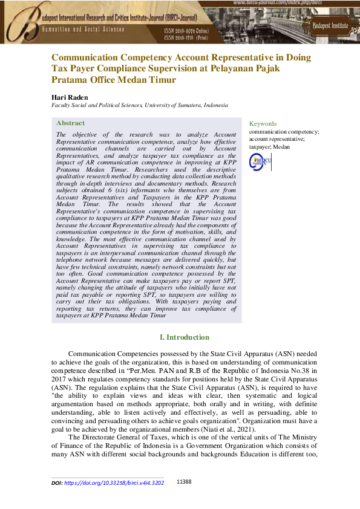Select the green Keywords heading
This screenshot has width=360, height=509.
click(263, 123)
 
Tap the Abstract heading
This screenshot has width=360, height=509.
click(70, 123)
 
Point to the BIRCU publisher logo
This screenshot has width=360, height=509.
click(260, 161)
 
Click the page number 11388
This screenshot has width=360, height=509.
click(184, 482)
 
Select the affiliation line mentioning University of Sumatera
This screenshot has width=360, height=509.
click(139, 105)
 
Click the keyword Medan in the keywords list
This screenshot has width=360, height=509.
click(281, 146)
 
